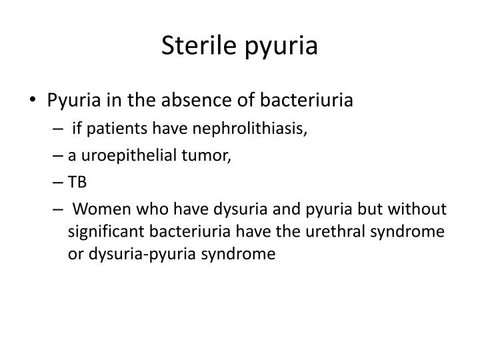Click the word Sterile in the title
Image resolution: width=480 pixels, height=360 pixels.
click(198, 47)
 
